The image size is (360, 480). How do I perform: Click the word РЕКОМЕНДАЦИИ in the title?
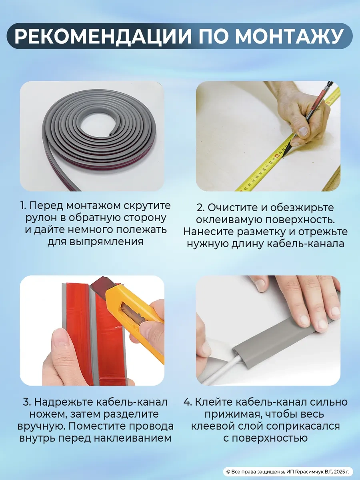(x=103, y=36)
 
